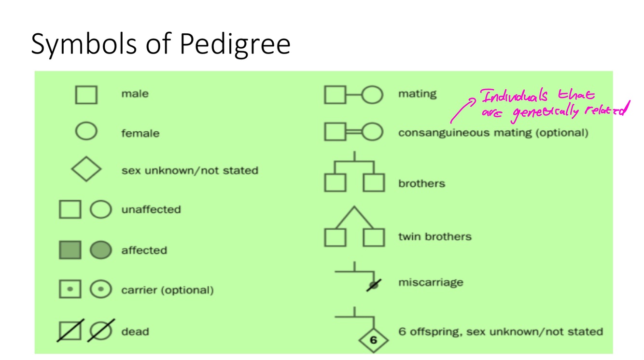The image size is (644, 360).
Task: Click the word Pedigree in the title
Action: (235, 44)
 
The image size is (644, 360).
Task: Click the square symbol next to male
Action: (86, 95)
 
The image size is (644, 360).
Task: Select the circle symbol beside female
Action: (86, 131)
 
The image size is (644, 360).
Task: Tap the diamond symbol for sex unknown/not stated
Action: (86, 169)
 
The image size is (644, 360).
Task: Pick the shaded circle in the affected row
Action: (100, 250)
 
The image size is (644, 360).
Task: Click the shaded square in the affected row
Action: (70, 250)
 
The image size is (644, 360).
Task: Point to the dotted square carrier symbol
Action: (70, 290)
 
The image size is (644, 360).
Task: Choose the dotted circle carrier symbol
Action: (100, 290)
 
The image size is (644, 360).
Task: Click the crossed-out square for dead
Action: (70, 331)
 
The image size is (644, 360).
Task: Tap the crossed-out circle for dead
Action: (100, 331)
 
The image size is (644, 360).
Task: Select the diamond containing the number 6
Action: (373, 340)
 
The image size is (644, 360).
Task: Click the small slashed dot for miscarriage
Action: (373, 286)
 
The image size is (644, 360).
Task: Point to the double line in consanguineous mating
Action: (354, 132)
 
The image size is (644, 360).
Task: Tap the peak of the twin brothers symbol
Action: (354, 208)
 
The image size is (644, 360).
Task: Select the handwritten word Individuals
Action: (515, 97)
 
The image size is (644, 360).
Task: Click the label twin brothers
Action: (434, 236)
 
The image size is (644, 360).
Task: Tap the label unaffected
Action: (151, 209)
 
